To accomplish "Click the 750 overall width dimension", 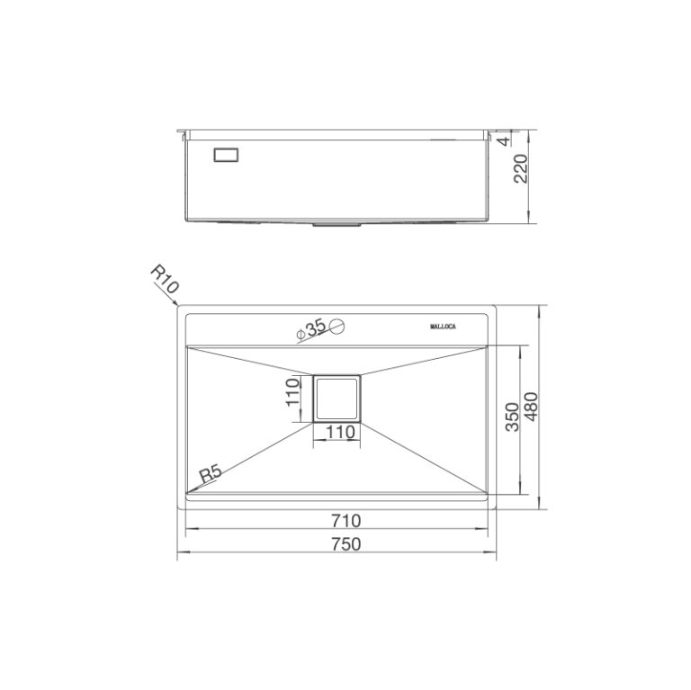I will (x=345, y=543).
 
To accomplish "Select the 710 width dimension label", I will (x=345, y=520).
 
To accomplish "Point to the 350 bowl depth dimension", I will (x=511, y=419).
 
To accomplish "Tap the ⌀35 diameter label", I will (x=310, y=330).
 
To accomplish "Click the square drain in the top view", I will (x=337, y=398).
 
